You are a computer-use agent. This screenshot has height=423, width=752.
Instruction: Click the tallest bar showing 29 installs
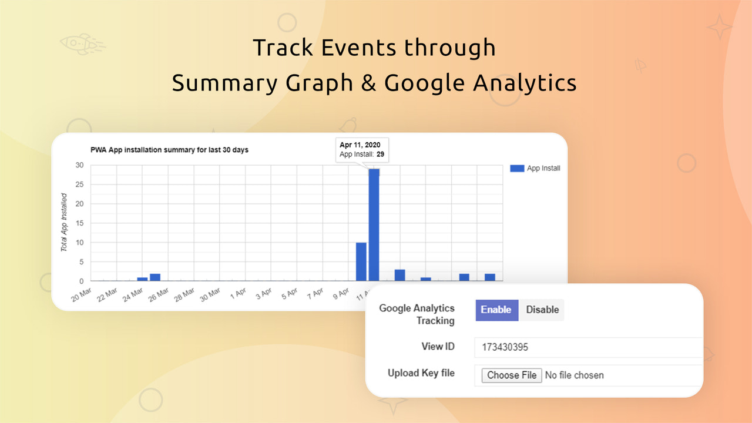click(x=374, y=224)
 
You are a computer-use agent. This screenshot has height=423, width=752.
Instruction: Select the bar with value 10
click(x=361, y=261)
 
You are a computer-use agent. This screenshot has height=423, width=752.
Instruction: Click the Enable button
click(x=496, y=310)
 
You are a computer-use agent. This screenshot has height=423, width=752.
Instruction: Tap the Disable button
click(x=542, y=310)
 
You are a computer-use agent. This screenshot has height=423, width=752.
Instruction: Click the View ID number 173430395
click(x=505, y=347)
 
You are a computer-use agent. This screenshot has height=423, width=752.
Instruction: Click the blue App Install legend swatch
click(x=517, y=168)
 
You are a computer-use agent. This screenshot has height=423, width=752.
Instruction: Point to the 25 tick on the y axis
click(x=79, y=184)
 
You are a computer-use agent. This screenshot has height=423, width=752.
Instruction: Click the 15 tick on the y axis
click(x=79, y=223)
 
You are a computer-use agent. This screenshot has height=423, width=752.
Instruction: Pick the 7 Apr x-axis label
click(x=314, y=294)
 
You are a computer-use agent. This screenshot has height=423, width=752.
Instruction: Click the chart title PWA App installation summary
click(x=169, y=150)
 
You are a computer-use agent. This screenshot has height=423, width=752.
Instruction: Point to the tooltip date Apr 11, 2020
click(x=361, y=145)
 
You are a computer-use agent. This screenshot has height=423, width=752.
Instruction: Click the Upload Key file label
click(x=421, y=373)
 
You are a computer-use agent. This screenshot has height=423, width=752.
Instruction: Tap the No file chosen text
click(x=574, y=375)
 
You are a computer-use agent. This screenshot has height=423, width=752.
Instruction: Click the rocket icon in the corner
click(x=82, y=43)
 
